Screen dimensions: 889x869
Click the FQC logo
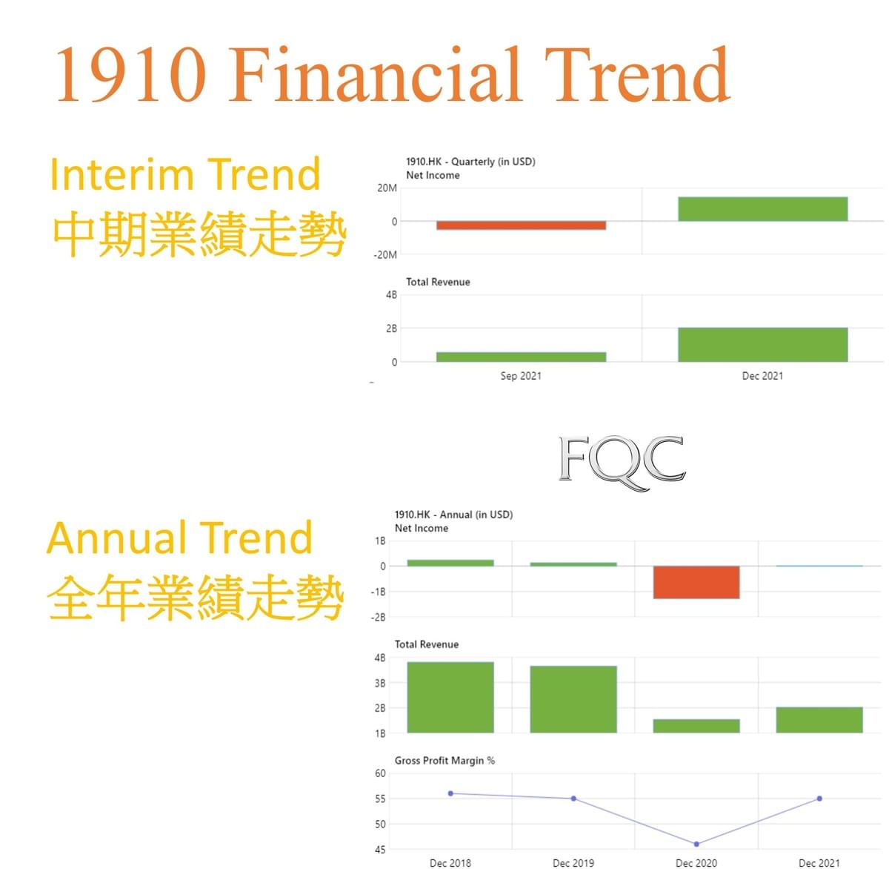[622, 463]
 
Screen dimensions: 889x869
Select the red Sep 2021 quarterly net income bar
[521, 225]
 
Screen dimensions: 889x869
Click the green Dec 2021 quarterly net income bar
[762, 209]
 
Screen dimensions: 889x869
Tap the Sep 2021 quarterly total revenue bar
[521, 357]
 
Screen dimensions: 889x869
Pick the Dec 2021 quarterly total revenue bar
[762, 344]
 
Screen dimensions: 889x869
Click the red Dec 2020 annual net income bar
[696, 582]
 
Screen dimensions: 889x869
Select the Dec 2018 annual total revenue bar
[450, 697]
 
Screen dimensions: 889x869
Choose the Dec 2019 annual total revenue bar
[573, 699]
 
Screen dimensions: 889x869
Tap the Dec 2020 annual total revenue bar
[696, 726]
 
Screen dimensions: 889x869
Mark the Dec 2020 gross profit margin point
[696, 844]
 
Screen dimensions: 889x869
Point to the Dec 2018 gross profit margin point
[450, 793]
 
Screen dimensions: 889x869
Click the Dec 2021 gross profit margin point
[819, 798]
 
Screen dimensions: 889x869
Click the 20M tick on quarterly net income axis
[387, 188]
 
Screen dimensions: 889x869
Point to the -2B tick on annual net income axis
[378, 617]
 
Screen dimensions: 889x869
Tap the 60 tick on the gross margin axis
[380, 773]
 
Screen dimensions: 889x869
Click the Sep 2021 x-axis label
[521, 376]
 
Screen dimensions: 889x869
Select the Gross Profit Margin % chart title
[444, 760]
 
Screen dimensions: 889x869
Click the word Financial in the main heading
[375, 74]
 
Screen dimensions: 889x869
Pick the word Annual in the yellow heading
[116, 538]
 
